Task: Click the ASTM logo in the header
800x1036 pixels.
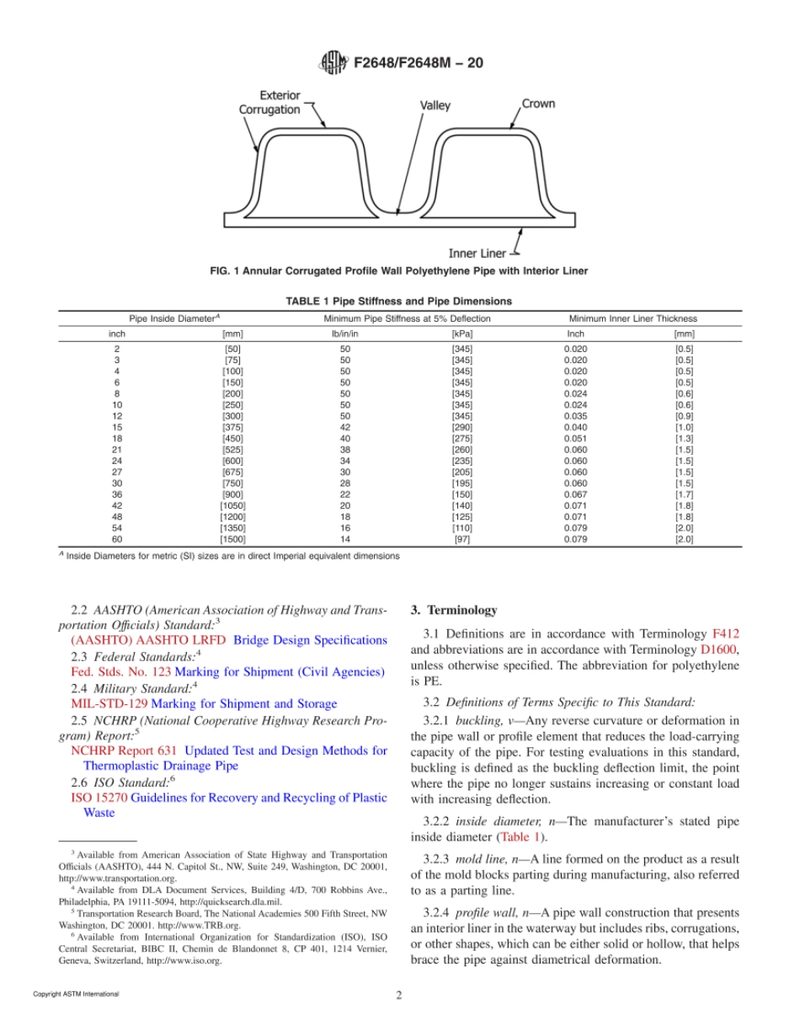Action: click(334, 62)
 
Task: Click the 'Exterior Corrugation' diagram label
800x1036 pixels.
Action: click(269, 103)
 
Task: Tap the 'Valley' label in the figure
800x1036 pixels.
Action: click(435, 106)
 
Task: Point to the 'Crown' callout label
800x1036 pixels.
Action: click(538, 104)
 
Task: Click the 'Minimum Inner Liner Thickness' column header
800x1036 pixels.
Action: click(632, 318)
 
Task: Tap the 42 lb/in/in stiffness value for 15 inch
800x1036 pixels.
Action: click(344, 427)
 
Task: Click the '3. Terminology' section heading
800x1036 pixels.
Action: click(453, 610)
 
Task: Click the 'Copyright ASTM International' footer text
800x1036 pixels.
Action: click(76, 994)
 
